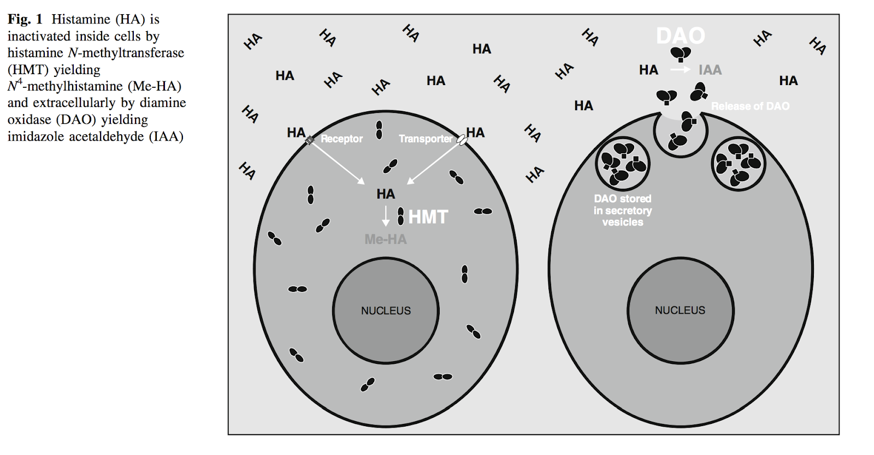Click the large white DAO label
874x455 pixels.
[680, 36]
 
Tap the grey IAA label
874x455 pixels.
[710, 70]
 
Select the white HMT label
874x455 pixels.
[428, 217]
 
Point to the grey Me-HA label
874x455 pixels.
[386, 239]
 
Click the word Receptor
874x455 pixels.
[341, 139]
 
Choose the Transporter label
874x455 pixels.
[426, 139]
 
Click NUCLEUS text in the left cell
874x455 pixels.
[386, 311]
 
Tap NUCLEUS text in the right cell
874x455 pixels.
[680, 310]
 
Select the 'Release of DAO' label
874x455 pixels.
[750, 106]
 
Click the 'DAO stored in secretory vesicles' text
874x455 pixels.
[623, 211]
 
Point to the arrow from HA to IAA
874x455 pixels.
[680, 70]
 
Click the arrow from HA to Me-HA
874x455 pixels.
[386, 216]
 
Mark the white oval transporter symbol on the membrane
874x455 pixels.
[462, 141]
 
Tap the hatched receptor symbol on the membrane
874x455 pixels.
[310, 141]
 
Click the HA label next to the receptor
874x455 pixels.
[296, 133]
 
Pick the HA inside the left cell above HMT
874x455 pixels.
[386, 194]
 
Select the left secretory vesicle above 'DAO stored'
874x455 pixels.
[622, 163]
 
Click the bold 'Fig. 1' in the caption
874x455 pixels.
[25, 20]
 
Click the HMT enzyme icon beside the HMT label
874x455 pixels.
[400, 216]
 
